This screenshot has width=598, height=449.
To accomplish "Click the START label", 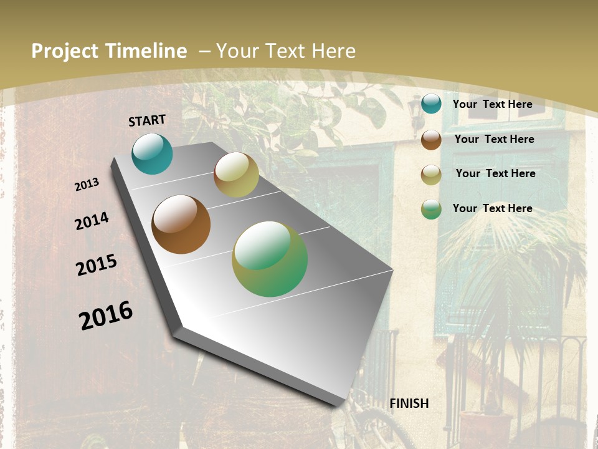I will pyautogui.click(x=147, y=120).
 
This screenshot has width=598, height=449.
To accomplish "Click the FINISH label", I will pyautogui.click(x=409, y=403).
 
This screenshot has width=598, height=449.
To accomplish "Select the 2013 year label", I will pyautogui.click(x=87, y=185).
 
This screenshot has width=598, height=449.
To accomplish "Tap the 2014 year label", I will pyautogui.click(x=92, y=221).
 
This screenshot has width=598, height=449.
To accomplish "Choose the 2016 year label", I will pyautogui.click(x=106, y=316).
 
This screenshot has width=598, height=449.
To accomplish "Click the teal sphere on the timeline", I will pyautogui.click(x=152, y=153).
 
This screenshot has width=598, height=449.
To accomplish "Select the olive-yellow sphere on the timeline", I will pyautogui.click(x=236, y=175).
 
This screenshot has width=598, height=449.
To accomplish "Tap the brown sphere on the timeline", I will pyautogui.click(x=181, y=224).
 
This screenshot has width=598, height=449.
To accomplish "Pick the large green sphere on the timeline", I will pyautogui.click(x=270, y=259).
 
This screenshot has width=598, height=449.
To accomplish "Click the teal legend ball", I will pyautogui.click(x=431, y=104).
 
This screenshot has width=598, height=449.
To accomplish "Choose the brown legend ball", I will pyautogui.click(x=431, y=140).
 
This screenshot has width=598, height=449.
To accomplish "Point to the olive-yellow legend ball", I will pyautogui.click(x=431, y=175).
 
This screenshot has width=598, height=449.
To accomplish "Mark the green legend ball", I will pyautogui.click(x=431, y=209).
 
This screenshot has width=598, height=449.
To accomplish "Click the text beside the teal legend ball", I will pyautogui.click(x=492, y=104).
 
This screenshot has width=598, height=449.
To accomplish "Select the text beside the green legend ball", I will pyautogui.click(x=492, y=208).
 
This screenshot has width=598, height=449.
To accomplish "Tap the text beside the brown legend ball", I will pyautogui.click(x=494, y=139).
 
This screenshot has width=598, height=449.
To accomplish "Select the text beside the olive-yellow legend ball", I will pyautogui.click(x=495, y=173).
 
